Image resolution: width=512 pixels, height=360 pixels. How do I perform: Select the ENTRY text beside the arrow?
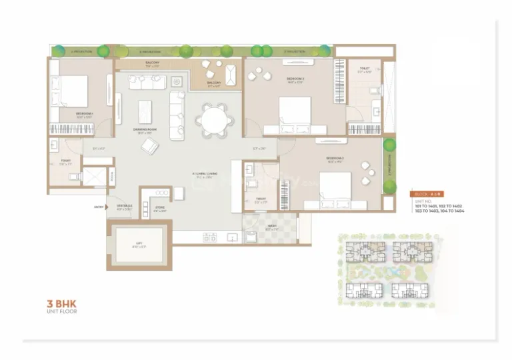coord(99,207)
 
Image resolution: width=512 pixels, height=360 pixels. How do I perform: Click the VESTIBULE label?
coord(125,206)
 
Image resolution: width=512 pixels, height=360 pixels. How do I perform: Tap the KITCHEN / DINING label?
coord(202,175)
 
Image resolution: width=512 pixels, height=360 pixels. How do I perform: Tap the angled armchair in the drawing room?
coord(149,146)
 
